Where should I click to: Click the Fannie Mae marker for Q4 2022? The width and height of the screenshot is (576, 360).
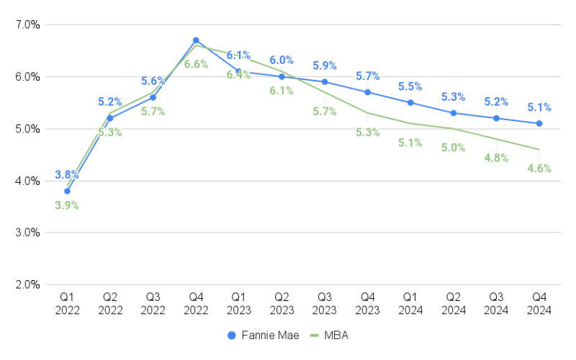coord(196,40)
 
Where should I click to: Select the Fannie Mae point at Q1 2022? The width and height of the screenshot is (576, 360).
coord(67,191)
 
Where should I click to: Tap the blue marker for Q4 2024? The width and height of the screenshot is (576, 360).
coord(539,123)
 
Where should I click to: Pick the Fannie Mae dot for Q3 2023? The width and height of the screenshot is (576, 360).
coord(325,82)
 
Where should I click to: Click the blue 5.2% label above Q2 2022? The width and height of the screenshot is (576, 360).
coord(110,102)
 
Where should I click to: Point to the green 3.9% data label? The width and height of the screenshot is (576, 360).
coord(67,205)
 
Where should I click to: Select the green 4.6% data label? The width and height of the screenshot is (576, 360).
coord(539,168)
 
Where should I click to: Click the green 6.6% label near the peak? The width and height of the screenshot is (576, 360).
coord(196,64)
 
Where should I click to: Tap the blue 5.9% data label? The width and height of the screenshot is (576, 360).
coord(325,66)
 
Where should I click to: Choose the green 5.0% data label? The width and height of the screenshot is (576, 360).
coord(454,148)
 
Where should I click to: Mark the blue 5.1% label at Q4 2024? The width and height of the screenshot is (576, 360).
coord(539,107)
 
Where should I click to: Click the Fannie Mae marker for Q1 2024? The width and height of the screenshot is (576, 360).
coord(410,102)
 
